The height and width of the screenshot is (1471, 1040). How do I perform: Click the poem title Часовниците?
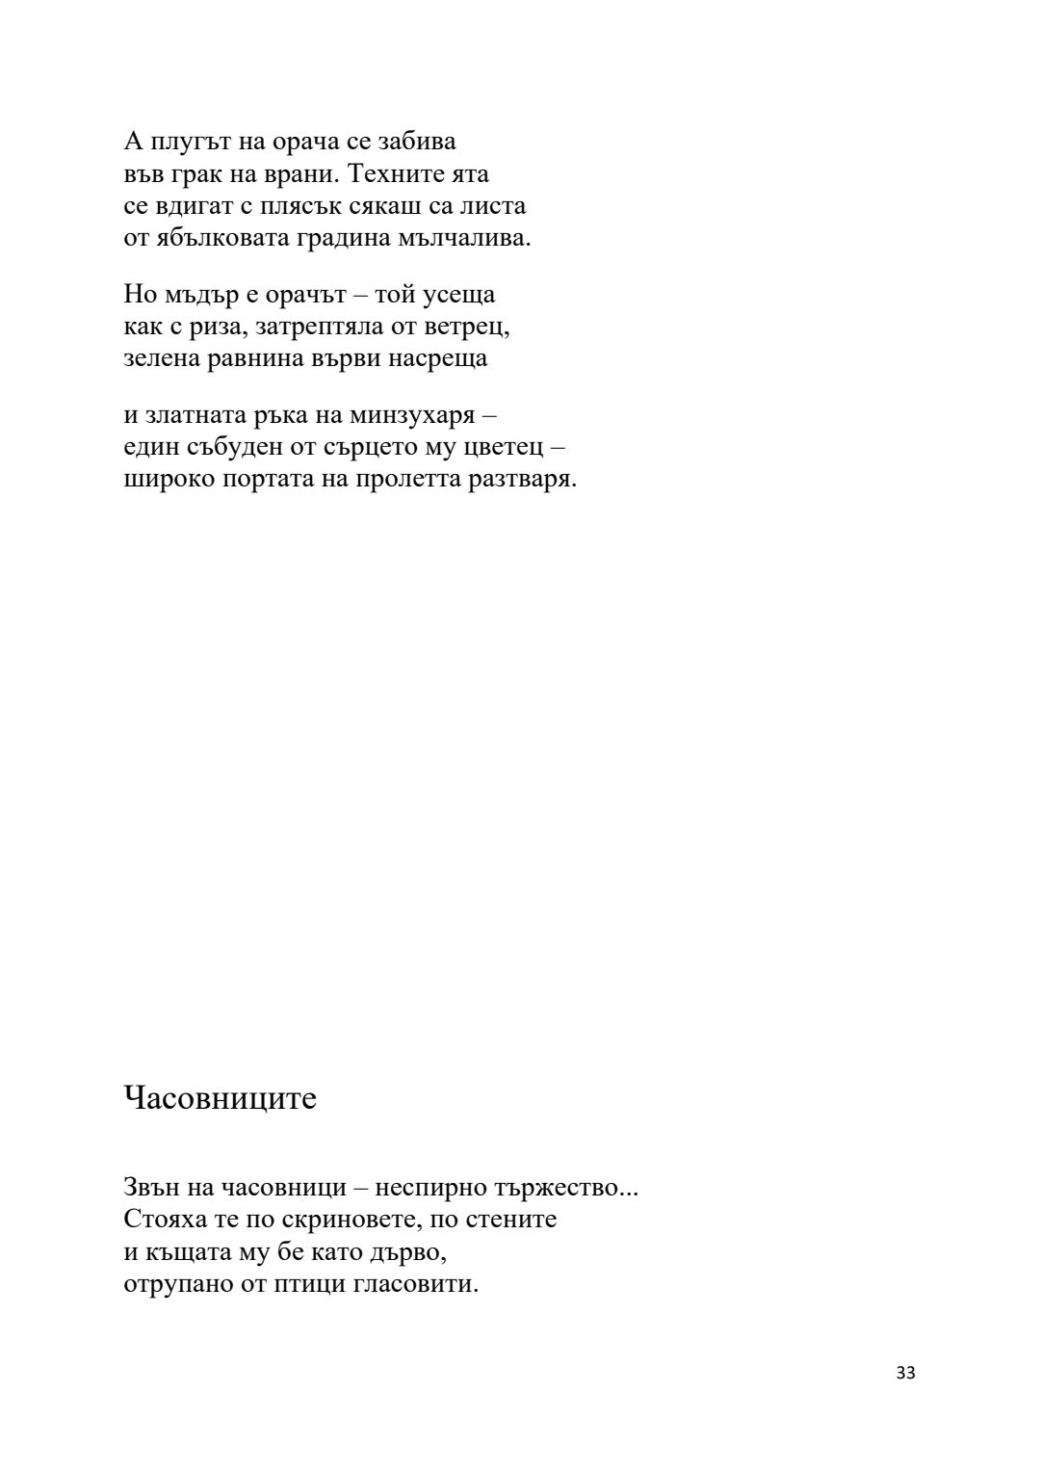(x=220, y=1098)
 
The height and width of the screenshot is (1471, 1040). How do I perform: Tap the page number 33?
(x=905, y=1374)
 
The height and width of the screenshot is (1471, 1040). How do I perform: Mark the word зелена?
(x=163, y=358)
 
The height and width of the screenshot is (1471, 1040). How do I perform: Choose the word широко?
(x=169, y=480)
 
